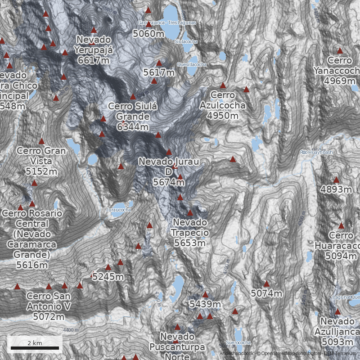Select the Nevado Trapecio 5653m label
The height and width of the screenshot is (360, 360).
(x=189, y=233)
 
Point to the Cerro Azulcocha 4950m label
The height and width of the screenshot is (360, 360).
(x=222, y=105)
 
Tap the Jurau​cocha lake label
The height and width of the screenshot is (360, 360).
(x=119, y=210)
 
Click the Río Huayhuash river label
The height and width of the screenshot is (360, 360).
(x=316, y=152)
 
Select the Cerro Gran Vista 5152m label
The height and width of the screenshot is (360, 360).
(x=41, y=161)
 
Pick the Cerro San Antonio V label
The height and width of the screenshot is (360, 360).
(x=48, y=306)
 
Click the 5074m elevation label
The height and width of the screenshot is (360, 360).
(x=266, y=294)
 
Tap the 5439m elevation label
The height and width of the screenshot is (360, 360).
(x=205, y=305)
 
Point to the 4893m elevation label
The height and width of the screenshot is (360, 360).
(x=336, y=189)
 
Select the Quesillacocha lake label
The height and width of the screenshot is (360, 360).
(x=192, y=64)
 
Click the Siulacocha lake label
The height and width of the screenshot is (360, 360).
(x=186, y=41)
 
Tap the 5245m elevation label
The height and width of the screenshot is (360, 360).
(x=108, y=277)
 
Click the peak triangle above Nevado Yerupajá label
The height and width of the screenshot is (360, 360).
(x=94, y=30)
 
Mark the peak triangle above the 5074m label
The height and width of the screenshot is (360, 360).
(x=266, y=283)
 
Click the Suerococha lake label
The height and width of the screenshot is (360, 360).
(x=238, y=342)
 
